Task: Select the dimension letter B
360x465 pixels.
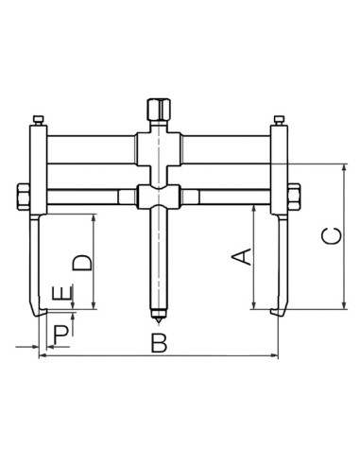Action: (x=159, y=343)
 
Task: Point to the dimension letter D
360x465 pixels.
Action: (x=83, y=262)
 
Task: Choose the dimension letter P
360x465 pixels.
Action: (x=60, y=333)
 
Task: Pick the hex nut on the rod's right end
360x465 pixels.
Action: (x=292, y=197)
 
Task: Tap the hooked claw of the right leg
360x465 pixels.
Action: (x=277, y=312)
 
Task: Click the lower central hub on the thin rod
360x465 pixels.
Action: (x=156, y=197)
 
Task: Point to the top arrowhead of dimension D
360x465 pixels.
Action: (x=94, y=218)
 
